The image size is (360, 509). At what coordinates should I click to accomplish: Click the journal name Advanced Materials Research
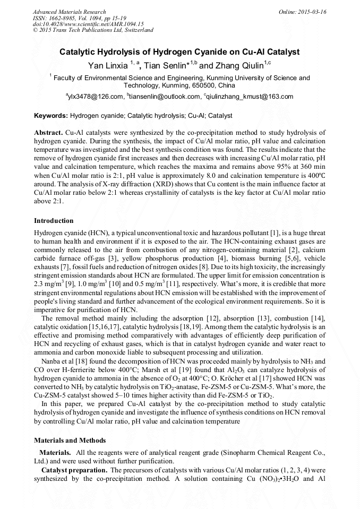coord(69,12)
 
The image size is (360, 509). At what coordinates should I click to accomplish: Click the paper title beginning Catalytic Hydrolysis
coord(179,52)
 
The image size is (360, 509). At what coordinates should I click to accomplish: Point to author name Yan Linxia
coord(107,65)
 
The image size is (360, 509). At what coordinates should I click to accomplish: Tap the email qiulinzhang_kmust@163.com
coord(250,97)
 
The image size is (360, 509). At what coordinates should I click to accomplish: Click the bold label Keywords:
coord(51,115)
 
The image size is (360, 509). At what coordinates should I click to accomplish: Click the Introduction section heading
coord(54,221)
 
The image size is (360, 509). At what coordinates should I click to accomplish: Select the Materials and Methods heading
coord(70,441)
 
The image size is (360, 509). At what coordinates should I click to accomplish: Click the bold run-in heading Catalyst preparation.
coord(74,470)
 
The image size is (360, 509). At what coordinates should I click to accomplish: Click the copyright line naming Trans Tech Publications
coord(93,30)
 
